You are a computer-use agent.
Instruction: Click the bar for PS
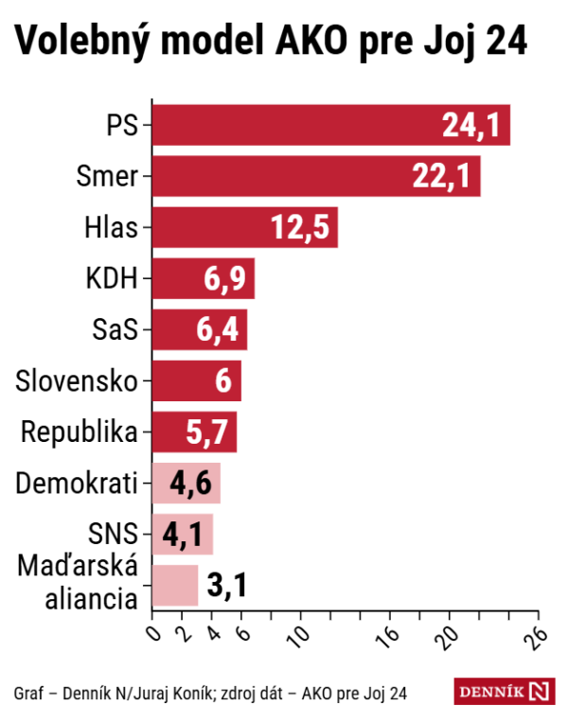[330, 125]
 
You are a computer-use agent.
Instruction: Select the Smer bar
[315, 176]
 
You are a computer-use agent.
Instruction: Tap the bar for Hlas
[244, 227]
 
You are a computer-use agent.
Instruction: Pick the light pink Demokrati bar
[186, 483]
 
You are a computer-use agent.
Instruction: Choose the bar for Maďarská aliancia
[174, 585]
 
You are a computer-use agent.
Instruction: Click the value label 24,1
[470, 126]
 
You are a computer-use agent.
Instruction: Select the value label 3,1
[227, 586]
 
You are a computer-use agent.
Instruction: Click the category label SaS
[115, 330]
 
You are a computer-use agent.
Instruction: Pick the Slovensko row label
[78, 381]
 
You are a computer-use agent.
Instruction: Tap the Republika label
[80, 432]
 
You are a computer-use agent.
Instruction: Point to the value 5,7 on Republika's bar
[208, 432]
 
